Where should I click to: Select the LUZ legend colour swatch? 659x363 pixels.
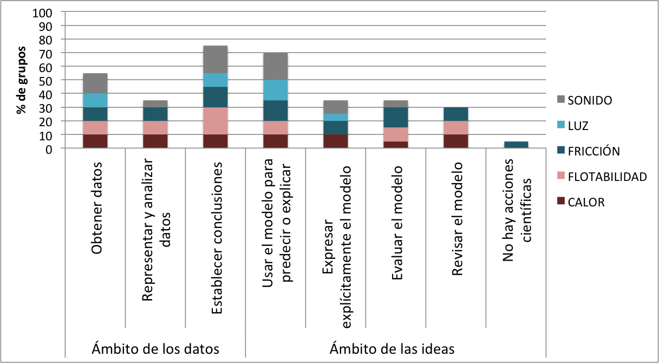[x=561, y=126]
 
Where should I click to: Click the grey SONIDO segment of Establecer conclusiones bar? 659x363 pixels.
[x=215, y=60]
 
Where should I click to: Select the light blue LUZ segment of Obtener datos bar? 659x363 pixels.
[x=95, y=100]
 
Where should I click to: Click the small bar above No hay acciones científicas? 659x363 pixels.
[x=516, y=145]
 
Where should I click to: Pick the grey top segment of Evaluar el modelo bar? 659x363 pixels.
[x=395, y=103]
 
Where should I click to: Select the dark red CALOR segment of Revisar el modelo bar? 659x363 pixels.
[x=455, y=141]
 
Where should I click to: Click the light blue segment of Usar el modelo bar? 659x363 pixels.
[x=275, y=90]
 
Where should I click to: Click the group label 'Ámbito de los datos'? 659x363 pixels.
[x=156, y=348]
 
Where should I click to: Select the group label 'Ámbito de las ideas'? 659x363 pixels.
[x=392, y=348]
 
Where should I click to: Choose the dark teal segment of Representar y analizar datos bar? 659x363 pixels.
[x=155, y=114]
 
